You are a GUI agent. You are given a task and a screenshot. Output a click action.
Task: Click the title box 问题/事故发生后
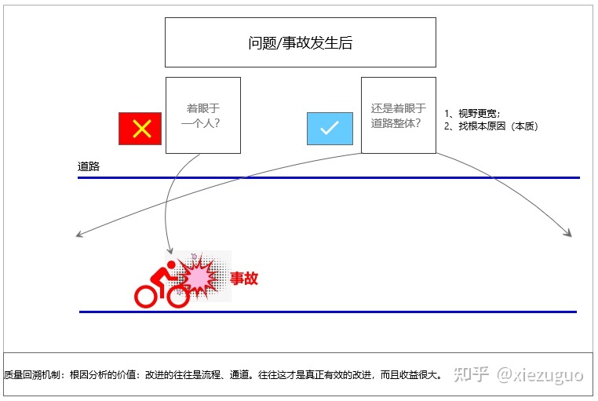pos(300,43)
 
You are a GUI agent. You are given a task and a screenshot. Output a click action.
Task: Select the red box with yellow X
pos(140,129)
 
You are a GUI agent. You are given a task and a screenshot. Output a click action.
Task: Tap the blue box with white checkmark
pos(330,129)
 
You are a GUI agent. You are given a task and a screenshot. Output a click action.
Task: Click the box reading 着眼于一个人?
pos(202,115)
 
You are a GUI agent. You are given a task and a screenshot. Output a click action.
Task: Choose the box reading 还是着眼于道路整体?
pos(398,115)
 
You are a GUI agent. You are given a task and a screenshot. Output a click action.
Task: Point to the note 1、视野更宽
pos(472,113)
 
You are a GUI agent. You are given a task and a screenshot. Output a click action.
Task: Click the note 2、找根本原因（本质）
pos(490,126)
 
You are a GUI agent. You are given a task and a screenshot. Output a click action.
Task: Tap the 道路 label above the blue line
pos(89,166)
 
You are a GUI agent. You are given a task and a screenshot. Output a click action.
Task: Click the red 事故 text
pos(243,278)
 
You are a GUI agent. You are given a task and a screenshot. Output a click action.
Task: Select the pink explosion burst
pos(199,275)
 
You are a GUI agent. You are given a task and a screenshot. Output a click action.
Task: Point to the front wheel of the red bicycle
pos(177,296)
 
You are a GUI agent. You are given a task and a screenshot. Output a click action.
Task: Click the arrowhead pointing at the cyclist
pos(170,250)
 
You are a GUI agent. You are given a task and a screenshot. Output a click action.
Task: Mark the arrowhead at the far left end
pos(79,234)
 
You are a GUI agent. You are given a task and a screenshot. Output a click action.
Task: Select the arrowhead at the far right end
pos(570,233)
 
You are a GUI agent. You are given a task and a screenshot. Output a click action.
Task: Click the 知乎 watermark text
pos(473,374)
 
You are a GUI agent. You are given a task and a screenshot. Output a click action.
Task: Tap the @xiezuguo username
pos(539,374)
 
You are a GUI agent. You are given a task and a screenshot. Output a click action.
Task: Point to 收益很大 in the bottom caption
pos(422,375)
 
